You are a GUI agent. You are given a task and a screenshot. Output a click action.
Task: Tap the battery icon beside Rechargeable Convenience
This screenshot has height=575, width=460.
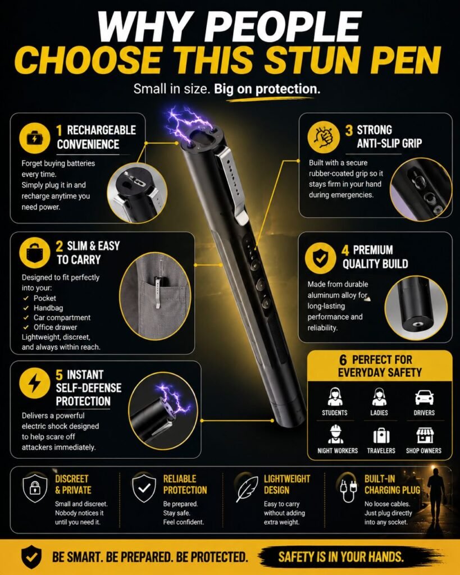[x=34, y=138]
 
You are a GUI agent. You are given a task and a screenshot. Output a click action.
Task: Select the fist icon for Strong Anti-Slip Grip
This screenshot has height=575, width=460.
[x=323, y=137]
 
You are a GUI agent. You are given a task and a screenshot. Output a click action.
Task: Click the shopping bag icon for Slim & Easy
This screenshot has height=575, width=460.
[x=34, y=253]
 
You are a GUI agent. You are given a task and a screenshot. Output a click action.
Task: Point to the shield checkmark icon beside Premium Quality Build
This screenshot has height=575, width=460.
[x=320, y=258]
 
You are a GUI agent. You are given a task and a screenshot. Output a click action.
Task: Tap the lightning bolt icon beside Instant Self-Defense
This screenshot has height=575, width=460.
[x=34, y=383]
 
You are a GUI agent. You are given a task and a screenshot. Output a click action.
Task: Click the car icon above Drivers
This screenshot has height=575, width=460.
[x=424, y=397]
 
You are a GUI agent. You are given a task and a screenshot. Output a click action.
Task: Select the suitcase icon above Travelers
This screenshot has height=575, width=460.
[x=381, y=436]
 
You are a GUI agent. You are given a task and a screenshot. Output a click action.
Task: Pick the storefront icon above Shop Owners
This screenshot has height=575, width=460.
[x=425, y=435]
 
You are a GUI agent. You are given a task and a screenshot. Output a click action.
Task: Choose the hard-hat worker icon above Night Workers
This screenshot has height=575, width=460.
[x=336, y=435]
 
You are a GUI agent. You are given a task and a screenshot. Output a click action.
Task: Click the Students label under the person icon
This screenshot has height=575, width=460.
[x=335, y=413]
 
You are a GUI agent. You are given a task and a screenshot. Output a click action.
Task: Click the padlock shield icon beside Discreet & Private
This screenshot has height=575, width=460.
[x=35, y=488]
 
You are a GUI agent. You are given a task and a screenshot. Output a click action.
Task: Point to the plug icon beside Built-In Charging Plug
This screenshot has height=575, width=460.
[x=348, y=491]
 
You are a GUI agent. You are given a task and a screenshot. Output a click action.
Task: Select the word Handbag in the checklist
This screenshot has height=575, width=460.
[x=48, y=308]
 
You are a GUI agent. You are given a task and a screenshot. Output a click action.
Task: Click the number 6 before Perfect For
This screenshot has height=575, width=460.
[x=343, y=360]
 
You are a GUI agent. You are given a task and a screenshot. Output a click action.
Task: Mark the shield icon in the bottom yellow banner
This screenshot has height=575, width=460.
[x=31, y=556]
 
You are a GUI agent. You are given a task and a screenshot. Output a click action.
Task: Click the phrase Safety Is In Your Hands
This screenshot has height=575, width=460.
[x=341, y=557]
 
